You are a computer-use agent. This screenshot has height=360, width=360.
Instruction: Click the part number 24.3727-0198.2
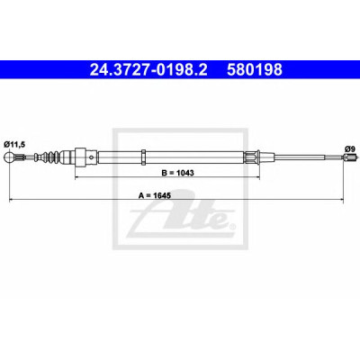pos(148,70)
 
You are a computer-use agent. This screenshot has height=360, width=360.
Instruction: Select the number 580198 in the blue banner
pos(255,70)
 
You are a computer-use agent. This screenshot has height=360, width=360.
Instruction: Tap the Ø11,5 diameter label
pos(14,145)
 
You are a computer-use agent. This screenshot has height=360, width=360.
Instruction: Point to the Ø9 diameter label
pos(350,148)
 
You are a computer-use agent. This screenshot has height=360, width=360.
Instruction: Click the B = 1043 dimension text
pos(178,173)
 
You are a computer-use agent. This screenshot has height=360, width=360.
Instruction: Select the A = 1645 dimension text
pos(155,195)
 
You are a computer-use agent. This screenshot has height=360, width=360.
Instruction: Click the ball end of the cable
pos(9,157)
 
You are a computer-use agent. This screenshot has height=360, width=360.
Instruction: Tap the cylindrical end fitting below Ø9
pos(350,157)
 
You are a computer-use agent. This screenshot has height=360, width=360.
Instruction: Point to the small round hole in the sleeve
pos(92,157)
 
